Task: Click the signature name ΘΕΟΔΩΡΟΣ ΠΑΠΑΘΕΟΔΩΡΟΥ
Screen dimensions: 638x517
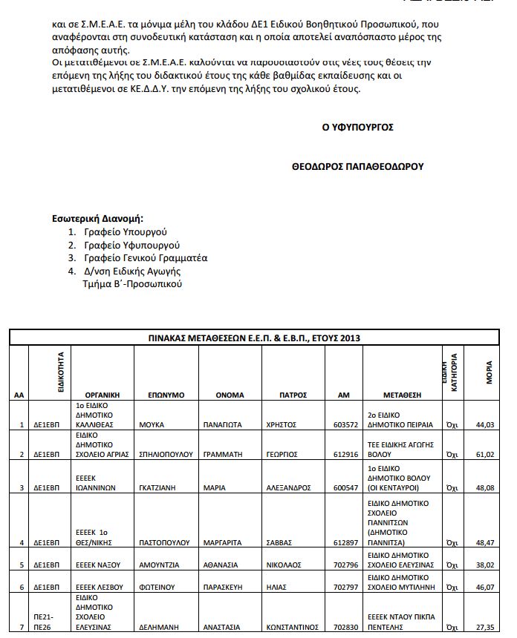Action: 358,167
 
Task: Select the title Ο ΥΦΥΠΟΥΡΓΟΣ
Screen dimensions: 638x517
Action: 357,128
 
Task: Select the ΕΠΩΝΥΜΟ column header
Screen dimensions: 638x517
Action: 166,395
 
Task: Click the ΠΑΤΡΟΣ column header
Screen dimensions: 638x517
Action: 283,395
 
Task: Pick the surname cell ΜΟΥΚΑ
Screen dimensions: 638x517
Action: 152,424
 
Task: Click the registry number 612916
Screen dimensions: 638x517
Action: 343,453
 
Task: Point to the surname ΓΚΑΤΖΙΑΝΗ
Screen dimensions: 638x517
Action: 160,487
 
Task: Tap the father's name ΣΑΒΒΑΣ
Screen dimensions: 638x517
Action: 279,544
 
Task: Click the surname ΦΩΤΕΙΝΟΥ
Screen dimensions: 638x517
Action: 157,586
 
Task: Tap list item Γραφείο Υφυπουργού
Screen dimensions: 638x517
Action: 131,245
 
